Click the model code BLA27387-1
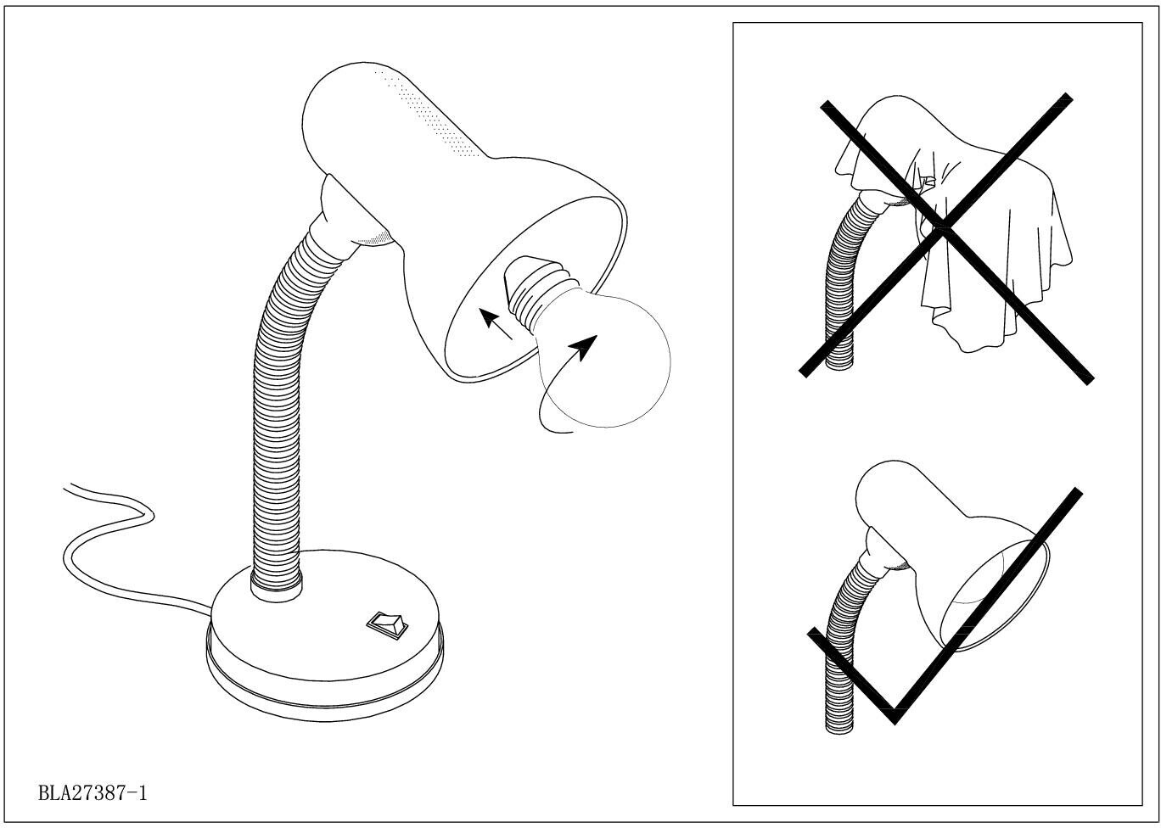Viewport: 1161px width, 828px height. tap(93, 793)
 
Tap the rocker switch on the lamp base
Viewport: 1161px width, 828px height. tap(387, 625)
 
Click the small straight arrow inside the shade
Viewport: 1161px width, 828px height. tap(496, 324)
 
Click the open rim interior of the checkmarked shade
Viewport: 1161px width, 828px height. tap(994, 595)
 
